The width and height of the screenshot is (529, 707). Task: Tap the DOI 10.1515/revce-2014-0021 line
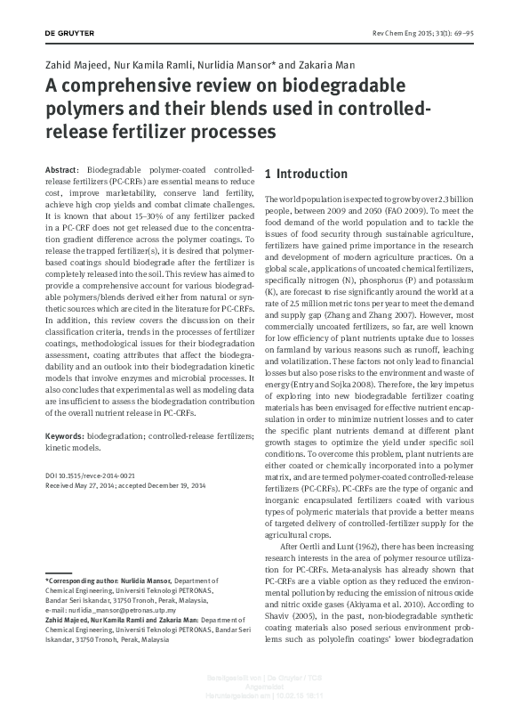(x=91, y=476)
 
